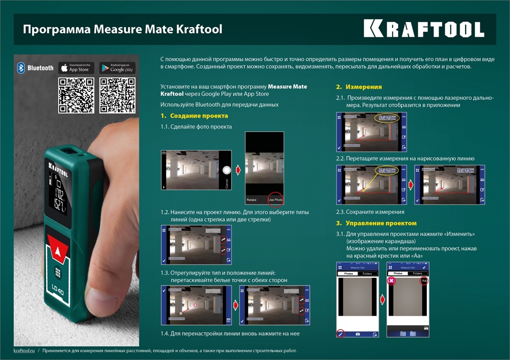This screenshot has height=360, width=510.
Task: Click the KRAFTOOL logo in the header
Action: [424, 29]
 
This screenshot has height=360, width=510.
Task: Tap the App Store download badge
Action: [76, 68]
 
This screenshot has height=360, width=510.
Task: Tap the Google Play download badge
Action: [117, 68]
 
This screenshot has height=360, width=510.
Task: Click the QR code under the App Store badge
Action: [76, 95]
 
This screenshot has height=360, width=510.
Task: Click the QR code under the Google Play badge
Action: [117, 95]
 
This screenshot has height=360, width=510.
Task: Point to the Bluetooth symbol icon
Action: [21, 68]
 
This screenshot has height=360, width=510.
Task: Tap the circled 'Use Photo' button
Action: [275, 200]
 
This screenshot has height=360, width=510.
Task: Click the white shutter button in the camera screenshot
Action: [227, 170]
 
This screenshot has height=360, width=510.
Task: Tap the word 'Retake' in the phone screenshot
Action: [251, 200]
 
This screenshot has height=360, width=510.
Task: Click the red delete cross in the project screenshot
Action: [392, 281]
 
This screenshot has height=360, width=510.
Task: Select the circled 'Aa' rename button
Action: [424, 281]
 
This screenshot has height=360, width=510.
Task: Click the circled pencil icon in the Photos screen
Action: [341, 333]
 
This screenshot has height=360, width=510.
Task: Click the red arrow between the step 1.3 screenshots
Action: [236, 305]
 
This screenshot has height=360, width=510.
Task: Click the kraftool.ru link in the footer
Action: [24, 351]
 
